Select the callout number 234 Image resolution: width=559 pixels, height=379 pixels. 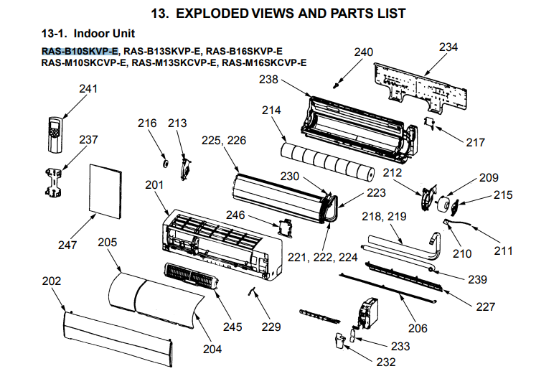pyautogui.click(x=448, y=47)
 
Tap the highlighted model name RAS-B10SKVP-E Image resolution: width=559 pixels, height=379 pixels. pyautogui.click(x=80, y=51)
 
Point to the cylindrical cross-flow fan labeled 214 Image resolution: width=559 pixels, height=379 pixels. pyautogui.click(x=327, y=159)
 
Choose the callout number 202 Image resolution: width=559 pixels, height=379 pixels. pyautogui.click(x=52, y=281)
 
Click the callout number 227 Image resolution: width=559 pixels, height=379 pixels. pyautogui.click(x=485, y=306)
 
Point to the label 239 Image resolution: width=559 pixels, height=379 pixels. pyautogui.click(x=476, y=279)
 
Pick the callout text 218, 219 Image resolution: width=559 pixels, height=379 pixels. pyautogui.click(x=382, y=215)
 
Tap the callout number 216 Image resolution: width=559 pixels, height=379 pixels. pyautogui.click(x=147, y=123)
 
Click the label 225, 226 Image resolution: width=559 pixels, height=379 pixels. pyautogui.click(x=223, y=141)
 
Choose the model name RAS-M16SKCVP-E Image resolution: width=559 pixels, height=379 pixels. pyautogui.click(x=264, y=62)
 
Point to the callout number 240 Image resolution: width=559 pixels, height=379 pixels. pyautogui.click(x=364, y=52)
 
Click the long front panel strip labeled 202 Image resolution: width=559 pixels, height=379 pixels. pyautogui.click(x=118, y=332)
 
